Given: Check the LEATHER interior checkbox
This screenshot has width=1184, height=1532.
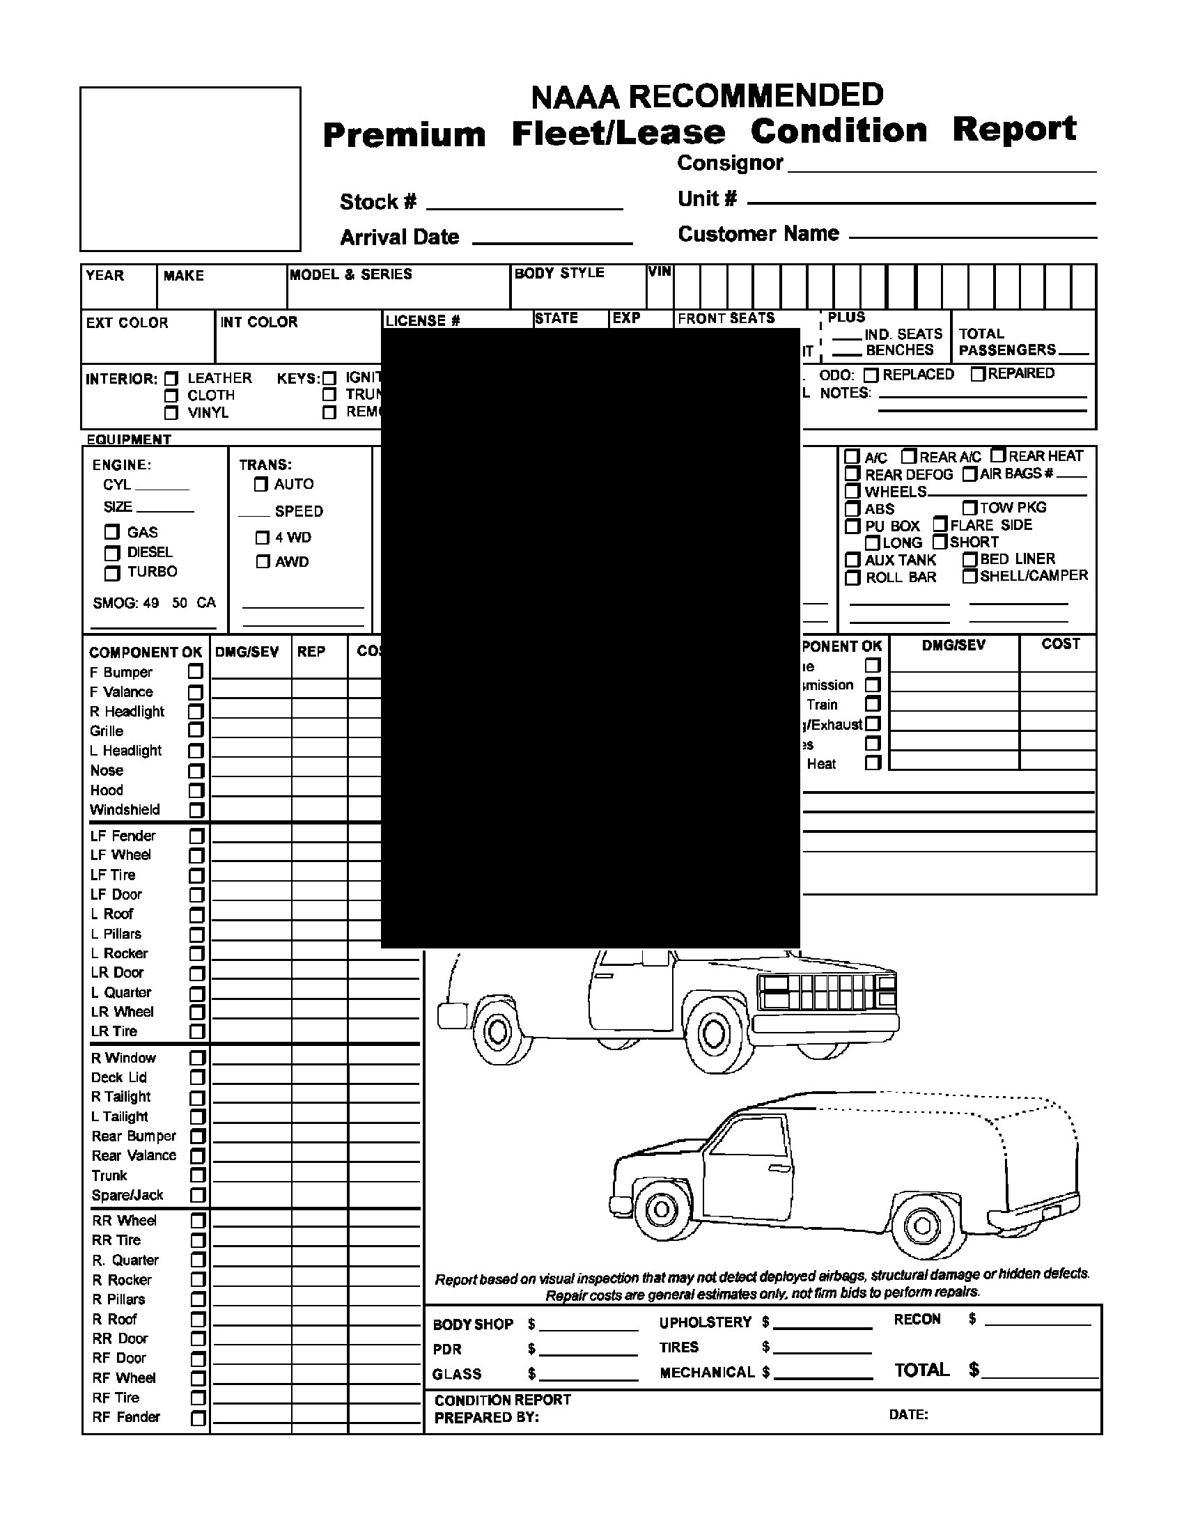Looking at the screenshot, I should (x=171, y=378).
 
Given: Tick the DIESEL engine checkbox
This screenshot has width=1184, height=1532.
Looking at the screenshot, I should (x=112, y=554).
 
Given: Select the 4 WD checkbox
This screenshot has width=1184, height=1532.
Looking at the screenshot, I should (x=263, y=538).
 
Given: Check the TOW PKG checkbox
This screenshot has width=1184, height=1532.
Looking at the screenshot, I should (x=969, y=507).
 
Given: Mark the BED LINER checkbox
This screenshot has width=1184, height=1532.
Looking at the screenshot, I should (x=969, y=559).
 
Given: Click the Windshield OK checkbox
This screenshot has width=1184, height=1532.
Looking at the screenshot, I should (x=196, y=810).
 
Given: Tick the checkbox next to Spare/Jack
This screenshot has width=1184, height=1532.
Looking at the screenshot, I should (x=198, y=1195).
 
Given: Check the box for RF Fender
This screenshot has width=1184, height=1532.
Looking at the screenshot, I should (x=198, y=1418).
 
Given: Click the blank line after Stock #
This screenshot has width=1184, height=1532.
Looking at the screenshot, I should (x=524, y=203).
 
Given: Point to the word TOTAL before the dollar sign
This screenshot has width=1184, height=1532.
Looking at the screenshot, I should (x=921, y=1370).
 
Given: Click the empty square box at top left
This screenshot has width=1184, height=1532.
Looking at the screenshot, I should (x=190, y=169).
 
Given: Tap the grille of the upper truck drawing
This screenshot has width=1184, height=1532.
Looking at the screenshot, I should (x=827, y=992).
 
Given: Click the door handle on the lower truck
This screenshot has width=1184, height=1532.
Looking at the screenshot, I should (x=779, y=1168).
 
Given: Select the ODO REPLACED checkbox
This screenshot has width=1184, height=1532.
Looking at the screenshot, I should (x=871, y=375).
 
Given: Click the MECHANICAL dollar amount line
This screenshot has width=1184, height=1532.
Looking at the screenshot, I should (x=822, y=1373).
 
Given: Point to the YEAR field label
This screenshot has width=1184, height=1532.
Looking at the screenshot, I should (x=105, y=275).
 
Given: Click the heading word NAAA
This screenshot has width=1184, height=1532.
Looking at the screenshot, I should (x=575, y=97).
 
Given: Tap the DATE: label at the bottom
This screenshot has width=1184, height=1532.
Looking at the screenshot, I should (x=908, y=1415).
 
